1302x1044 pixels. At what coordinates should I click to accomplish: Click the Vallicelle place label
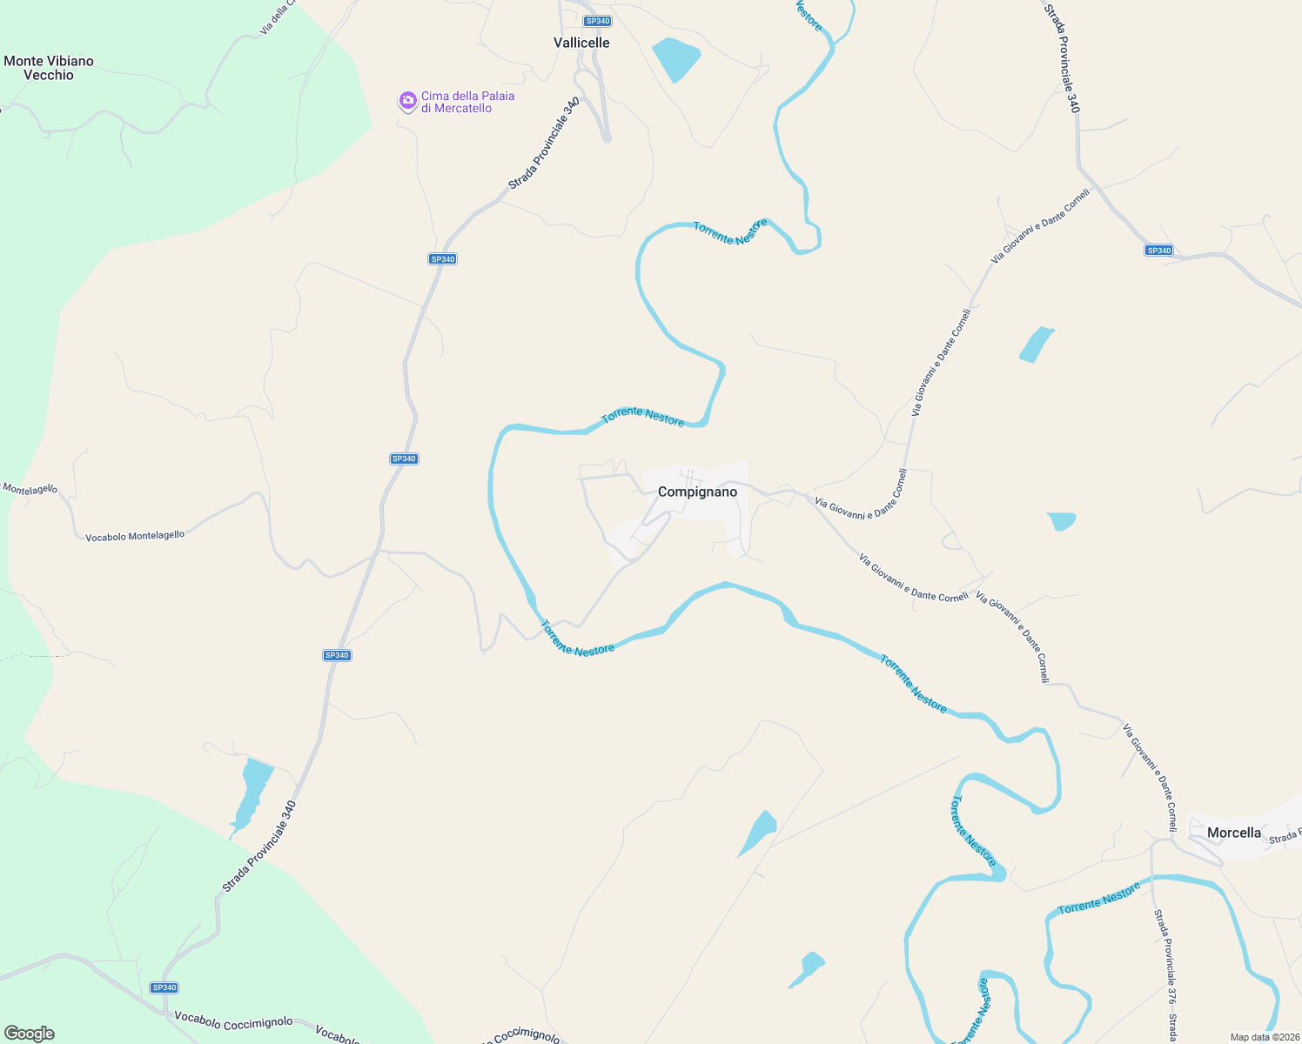tap(581, 43)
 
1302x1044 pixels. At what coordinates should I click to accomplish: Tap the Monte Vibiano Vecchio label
tap(49, 68)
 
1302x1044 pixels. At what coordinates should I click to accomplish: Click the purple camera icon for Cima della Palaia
tap(407, 102)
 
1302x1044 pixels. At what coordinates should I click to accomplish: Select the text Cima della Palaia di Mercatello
tap(467, 102)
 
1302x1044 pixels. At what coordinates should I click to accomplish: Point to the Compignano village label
tap(697, 492)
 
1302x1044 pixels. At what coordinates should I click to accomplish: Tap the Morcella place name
tap(1233, 833)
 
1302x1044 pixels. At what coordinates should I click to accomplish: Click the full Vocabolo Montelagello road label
tap(135, 536)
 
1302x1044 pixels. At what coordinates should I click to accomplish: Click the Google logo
tap(30, 1034)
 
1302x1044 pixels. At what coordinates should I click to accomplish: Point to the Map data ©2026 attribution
tap(1264, 1037)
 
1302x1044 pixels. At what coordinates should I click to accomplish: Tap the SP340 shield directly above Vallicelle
tap(598, 21)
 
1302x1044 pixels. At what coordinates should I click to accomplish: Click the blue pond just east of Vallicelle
tap(675, 58)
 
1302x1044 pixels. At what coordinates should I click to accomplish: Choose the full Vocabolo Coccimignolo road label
tap(233, 1023)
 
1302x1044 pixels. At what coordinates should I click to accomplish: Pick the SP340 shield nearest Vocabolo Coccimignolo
tap(164, 987)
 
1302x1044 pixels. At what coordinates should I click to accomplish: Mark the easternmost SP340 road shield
tap(1158, 251)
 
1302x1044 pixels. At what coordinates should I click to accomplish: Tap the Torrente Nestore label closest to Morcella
tap(1098, 899)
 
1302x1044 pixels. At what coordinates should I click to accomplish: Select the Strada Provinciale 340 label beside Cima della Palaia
tap(544, 144)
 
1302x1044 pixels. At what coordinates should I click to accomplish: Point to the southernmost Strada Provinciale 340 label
tap(259, 847)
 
